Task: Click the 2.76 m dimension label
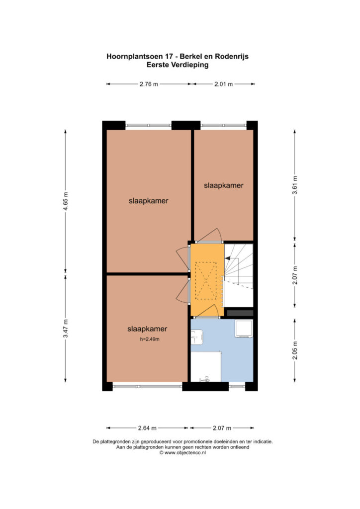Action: click(x=149, y=84)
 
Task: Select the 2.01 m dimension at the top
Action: click(x=223, y=84)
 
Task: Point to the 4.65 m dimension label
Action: click(x=66, y=201)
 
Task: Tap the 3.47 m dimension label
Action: click(x=66, y=329)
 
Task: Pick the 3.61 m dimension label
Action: click(x=295, y=185)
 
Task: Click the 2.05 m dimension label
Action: click(x=295, y=350)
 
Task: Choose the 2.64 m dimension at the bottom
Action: click(x=147, y=428)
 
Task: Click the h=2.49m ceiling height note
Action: click(x=150, y=339)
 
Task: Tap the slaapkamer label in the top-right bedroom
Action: click(x=224, y=185)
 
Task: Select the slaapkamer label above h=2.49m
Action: click(x=147, y=329)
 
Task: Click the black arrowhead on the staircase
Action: click(x=228, y=258)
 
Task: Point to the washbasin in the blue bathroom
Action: click(x=197, y=338)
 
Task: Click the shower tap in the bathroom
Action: click(x=204, y=379)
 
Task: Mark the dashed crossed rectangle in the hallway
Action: click(x=205, y=280)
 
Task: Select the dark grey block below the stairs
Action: click(x=240, y=313)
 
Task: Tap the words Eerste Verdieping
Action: click(x=178, y=65)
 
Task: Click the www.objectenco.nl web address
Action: click(x=185, y=452)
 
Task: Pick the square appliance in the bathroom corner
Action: click(x=244, y=329)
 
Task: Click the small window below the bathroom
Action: click(x=237, y=386)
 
